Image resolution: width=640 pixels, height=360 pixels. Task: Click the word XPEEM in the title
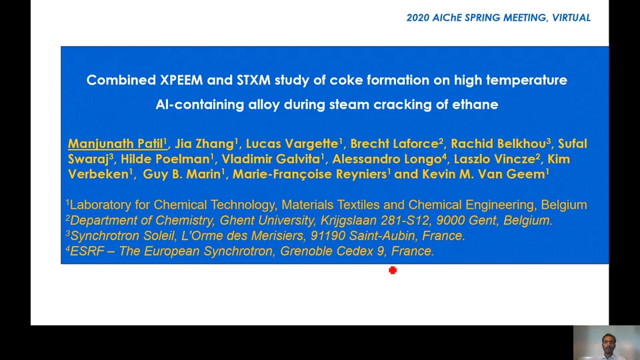pos(181,80)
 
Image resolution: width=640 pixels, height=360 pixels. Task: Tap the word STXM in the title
pos(253,80)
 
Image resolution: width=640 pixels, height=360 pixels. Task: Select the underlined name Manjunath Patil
pos(115,144)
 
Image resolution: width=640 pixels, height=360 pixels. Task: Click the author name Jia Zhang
pos(204,144)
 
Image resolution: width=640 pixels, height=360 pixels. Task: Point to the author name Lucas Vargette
pos(292,144)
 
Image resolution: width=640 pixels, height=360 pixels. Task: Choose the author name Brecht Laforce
pos(394,144)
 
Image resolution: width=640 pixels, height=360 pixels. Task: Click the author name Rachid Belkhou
pos(499,144)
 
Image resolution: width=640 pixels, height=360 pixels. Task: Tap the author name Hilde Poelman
pos(165,159)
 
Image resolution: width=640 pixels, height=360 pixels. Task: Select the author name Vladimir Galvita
pos(271,159)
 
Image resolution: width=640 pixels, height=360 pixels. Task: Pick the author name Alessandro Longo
pos(387,159)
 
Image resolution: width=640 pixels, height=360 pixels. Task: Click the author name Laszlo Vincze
pos(494,159)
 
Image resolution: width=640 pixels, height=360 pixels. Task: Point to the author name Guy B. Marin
pos(181,174)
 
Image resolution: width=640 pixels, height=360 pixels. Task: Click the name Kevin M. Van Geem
pos(483,174)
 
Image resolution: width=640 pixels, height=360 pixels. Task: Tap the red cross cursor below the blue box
pos(393,270)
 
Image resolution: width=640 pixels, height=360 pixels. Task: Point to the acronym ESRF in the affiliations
pos(87,251)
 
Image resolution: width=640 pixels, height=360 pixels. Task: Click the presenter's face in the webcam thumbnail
pos(608,341)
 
